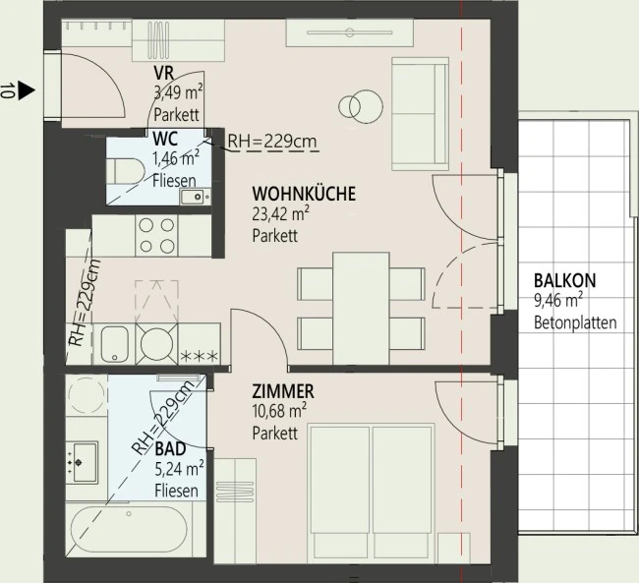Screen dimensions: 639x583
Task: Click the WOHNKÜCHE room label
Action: pyautogui.click(x=304, y=194)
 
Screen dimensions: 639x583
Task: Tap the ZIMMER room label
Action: pyautogui.click(x=283, y=391)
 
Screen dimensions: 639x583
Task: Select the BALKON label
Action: pyautogui.click(x=565, y=280)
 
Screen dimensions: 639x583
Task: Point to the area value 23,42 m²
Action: pyautogui.click(x=280, y=213)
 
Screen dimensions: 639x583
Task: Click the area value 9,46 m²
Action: pyautogui.click(x=558, y=301)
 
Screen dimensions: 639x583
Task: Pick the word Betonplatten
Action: pyautogui.click(x=575, y=322)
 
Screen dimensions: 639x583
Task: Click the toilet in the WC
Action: pyautogui.click(x=126, y=171)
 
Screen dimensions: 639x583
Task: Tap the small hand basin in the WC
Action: pyautogui.click(x=195, y=197)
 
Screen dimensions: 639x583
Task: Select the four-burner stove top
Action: pyautogui.click(x=156, y=236)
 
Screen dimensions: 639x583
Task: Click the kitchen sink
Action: pyautogui.click(x=114, y=344)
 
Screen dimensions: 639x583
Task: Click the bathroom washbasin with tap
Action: pyautogui.click(x=84, y=462)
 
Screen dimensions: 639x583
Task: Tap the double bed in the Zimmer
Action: pyautogui.click(x=371, y=492)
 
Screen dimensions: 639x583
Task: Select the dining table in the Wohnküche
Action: pyautogui.click(x=361, y=309)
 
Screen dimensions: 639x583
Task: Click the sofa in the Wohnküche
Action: pyautogui.click(x=420, y=113)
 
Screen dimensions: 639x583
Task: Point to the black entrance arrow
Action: pyautogui.click(x=27, y=90)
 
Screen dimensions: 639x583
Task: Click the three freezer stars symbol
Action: pyautogui.click(x=200, y=357)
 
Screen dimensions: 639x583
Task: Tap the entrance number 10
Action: pyautogui.click(x=8, y=90)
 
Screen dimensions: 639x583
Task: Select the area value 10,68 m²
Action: pyautogui.click(x=279, y=411)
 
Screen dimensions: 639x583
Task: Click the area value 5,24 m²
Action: pyautogui.click(x=179, y=469)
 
